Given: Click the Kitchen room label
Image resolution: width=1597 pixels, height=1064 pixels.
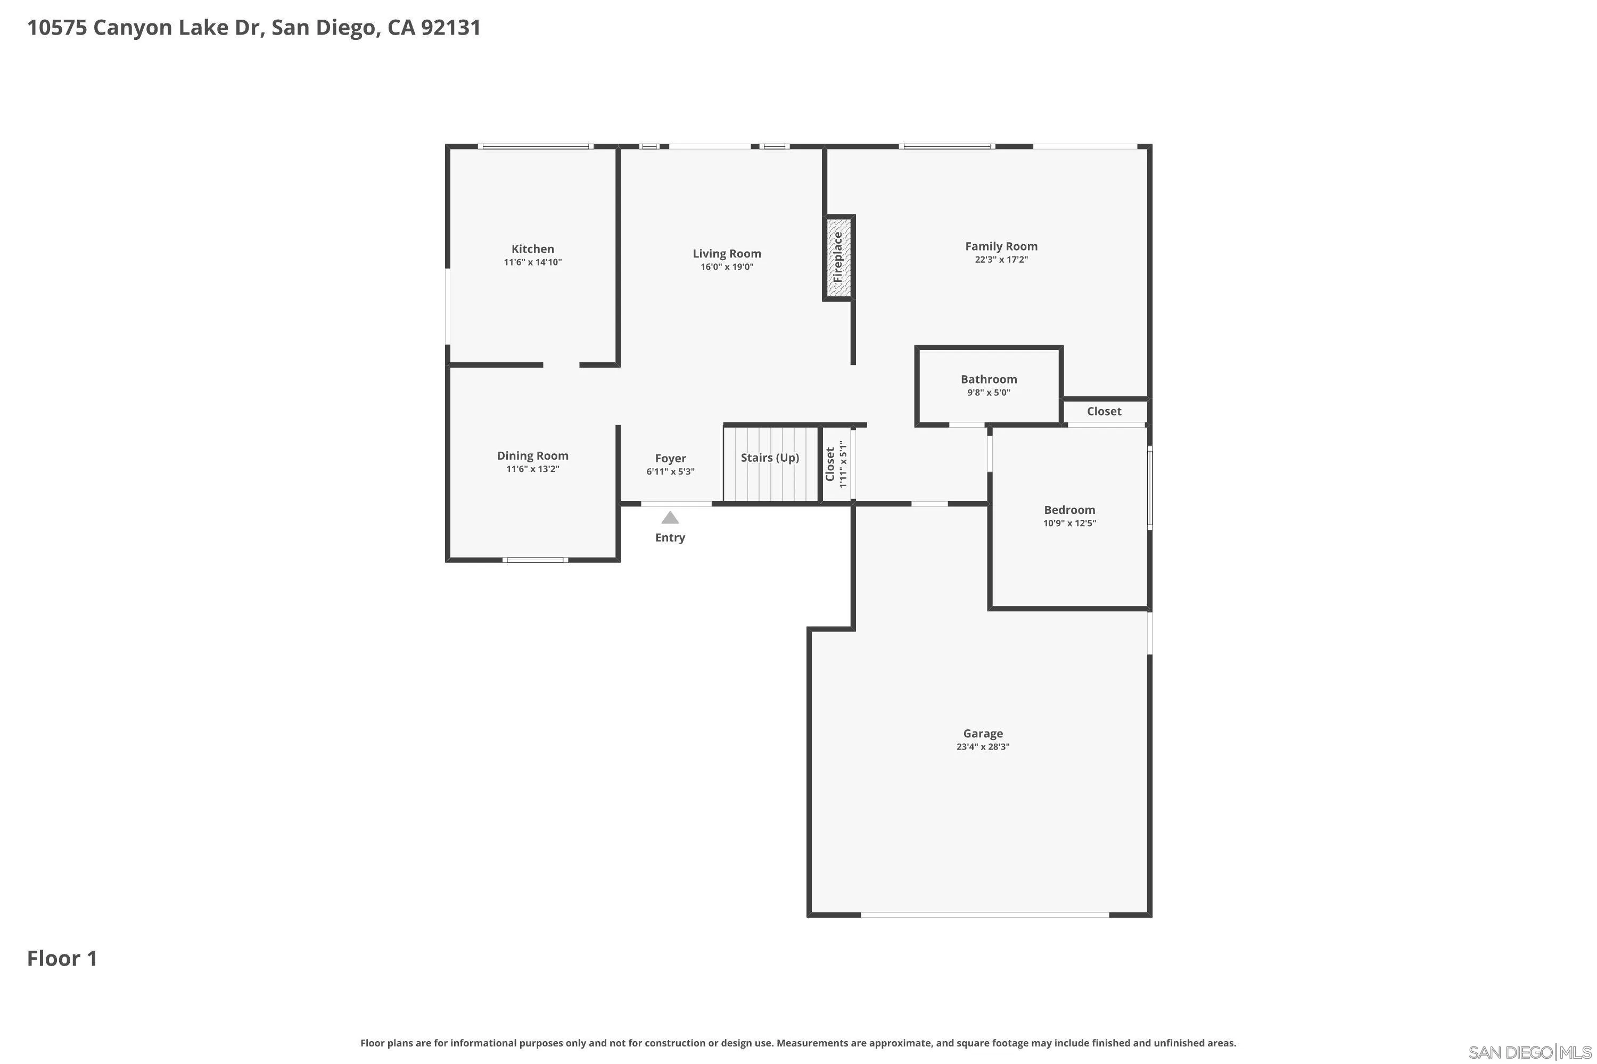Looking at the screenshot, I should point(532,249).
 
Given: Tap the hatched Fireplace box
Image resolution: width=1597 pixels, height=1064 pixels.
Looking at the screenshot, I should point(838,258).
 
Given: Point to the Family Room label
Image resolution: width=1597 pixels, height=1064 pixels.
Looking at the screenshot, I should point(1001,246).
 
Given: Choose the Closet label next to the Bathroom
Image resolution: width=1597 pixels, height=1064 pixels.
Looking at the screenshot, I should point(1104,411).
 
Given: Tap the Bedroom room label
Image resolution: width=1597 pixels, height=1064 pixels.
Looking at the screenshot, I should point(1069,510).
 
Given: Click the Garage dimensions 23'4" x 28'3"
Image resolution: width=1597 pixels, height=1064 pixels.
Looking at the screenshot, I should point(983,747).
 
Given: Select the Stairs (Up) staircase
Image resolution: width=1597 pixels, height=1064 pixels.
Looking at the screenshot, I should point(770,464).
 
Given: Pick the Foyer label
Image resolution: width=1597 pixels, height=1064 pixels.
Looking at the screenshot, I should point(670,459).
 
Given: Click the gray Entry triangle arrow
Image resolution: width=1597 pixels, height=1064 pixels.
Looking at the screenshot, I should point(670,518).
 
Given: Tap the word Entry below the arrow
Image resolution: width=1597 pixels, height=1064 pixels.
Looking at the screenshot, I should point(670,538).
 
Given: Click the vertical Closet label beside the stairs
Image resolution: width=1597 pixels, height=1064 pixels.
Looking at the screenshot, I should point(830,464).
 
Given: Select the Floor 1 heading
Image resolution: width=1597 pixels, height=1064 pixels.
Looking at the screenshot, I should point(62,959).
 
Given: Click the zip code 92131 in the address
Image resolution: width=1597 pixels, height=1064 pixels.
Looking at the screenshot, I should point(451,28).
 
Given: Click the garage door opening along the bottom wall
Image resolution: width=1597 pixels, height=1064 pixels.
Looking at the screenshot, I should point(984,915).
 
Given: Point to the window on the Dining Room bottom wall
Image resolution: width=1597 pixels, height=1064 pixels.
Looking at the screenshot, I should point(535,560).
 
